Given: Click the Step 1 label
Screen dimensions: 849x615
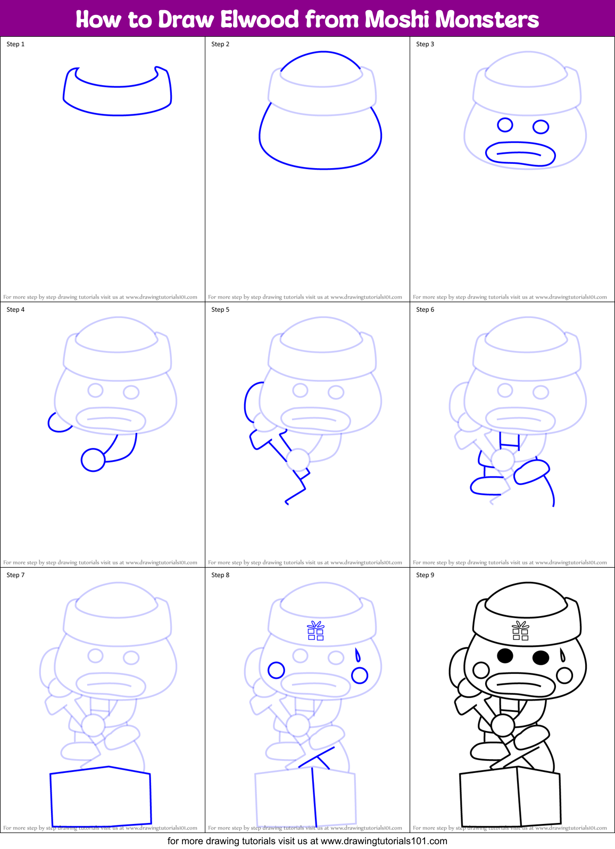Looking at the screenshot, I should [15, 44].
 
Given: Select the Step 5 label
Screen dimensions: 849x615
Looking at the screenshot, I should [220, 310].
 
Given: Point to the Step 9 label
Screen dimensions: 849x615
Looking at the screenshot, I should [425, 575].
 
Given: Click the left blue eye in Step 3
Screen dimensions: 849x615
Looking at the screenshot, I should [505, 125].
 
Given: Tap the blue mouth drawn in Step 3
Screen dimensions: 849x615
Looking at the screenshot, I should [520, 154].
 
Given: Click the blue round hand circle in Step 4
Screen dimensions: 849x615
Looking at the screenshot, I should [93, 460].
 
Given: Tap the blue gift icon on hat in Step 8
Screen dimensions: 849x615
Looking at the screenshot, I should [316, 631].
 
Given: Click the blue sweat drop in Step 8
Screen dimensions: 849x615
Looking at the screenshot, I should [358, 655].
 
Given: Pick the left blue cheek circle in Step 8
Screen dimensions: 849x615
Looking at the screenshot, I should [276, 670].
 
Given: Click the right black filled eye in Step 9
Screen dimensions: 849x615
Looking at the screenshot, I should [541, 657].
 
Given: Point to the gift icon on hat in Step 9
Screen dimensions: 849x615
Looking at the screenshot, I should [520, 631].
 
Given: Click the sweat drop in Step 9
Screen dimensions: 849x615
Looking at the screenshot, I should [562, 655].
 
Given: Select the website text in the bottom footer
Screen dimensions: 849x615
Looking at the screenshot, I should [384, 841].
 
